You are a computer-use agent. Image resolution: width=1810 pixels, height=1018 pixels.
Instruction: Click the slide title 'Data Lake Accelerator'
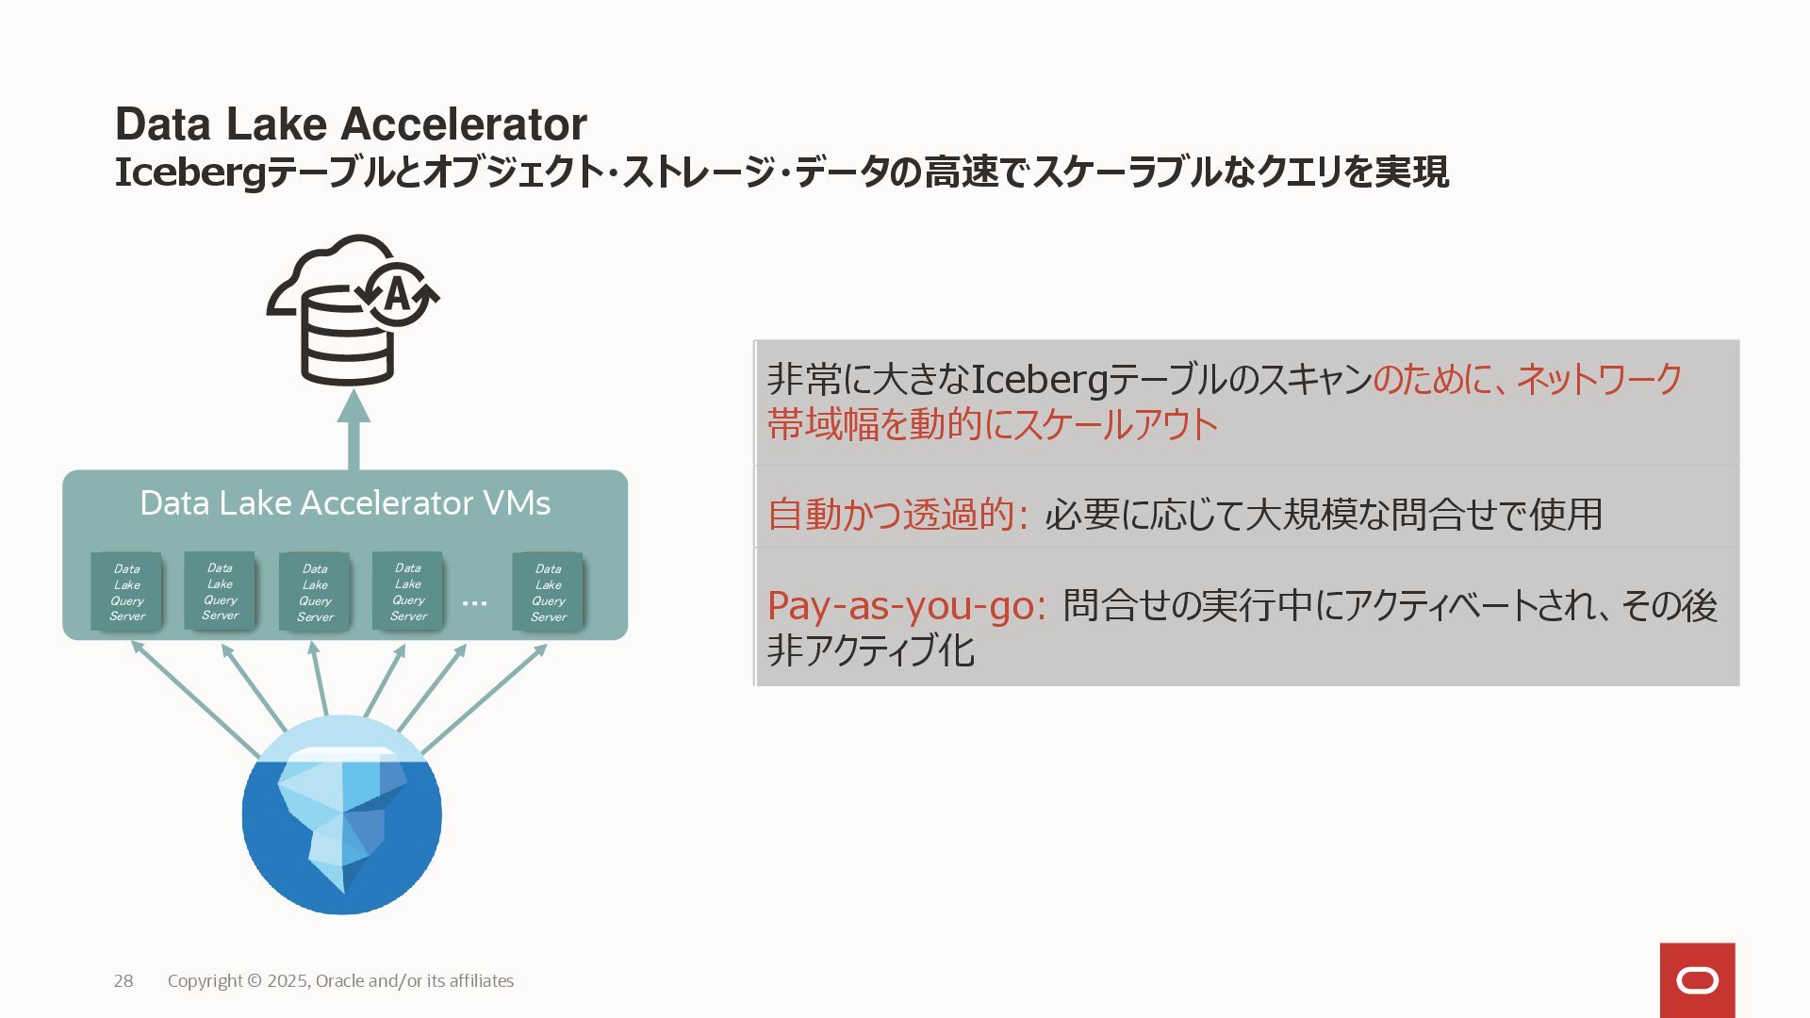pos(351,124)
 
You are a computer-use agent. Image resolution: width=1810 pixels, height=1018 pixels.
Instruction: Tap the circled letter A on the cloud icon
pos(397,294)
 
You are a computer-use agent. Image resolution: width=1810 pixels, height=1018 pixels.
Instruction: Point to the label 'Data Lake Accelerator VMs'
pos(345,503)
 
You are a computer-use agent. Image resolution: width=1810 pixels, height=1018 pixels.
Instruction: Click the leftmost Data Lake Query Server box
pos(126,592)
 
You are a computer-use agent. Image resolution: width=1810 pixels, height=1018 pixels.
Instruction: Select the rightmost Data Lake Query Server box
pos(548,592)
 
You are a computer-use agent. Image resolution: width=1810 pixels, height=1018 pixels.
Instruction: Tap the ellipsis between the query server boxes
pos(475,601)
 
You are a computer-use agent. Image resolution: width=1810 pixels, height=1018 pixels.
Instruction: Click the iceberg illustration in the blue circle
pos(341,815)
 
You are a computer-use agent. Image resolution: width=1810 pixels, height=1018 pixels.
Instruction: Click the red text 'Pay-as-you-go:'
pos(906,605)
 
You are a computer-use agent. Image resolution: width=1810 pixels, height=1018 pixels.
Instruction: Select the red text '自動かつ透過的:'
pos(897,515)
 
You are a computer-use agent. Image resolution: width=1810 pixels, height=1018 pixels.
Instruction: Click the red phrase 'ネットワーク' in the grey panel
pos(1599,379)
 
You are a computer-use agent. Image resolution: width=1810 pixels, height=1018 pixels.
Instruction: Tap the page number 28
pos(123,981)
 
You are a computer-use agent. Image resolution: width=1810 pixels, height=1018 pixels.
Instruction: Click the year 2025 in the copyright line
pos(287,981)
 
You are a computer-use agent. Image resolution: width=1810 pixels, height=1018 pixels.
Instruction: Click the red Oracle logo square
pos(1697,980)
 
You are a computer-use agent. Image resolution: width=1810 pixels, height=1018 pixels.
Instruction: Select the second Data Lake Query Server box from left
pos(220,591)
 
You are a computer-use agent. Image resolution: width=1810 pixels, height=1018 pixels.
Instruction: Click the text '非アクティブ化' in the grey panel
pos(870,651)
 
